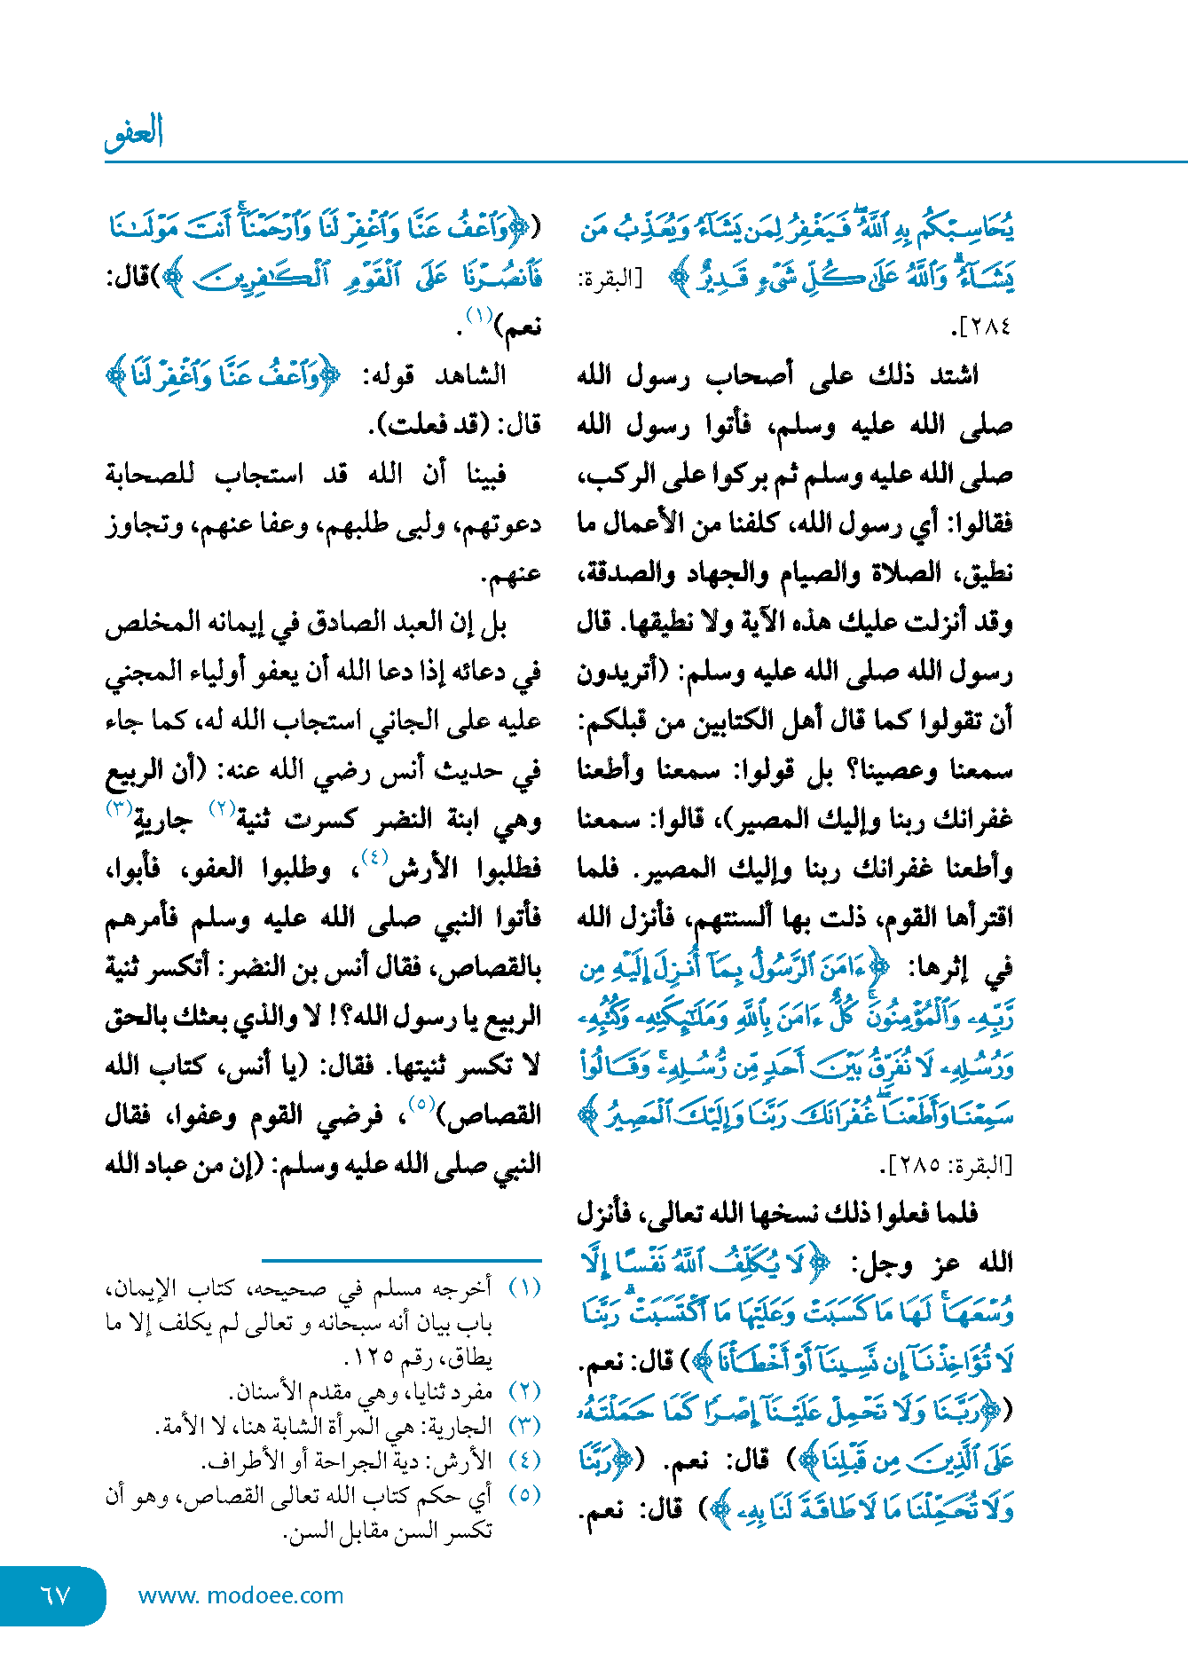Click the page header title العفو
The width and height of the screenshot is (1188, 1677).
tap(134, 133)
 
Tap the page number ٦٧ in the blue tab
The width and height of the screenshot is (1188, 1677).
tap(55, 1594)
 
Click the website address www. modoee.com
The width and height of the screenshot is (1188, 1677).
tap(240, 1595)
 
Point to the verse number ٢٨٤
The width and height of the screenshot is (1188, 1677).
tap(985, 327)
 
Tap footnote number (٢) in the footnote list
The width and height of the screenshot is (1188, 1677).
tap(525, 1392)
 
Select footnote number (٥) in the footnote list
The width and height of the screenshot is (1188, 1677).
tap(525, 1495)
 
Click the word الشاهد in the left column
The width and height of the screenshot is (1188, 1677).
tap(471, 375)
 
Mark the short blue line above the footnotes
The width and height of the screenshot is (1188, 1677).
tap(401, 1260)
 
